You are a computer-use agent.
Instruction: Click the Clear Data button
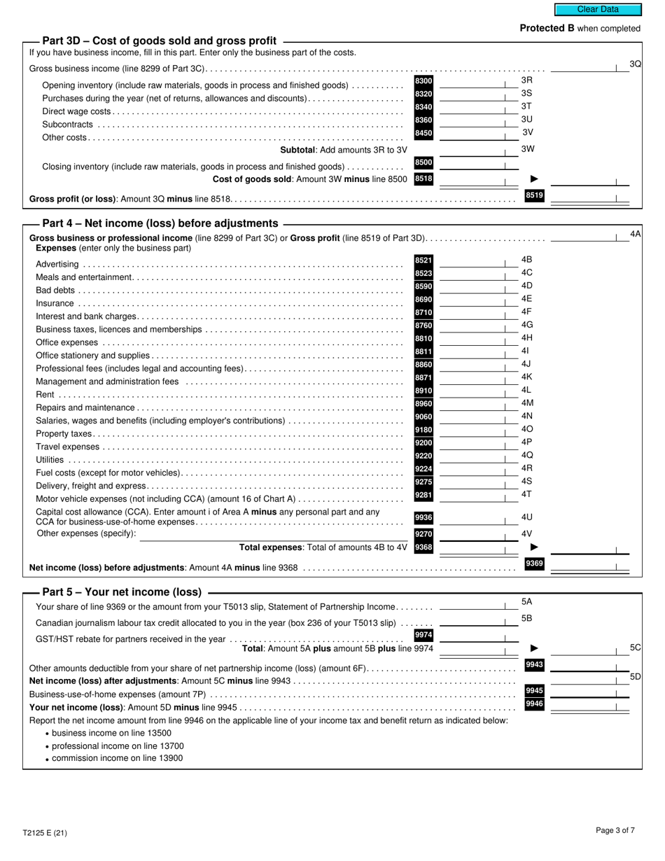[598, 10]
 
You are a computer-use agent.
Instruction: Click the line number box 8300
[423, 81]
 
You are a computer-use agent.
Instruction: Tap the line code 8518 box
[423, 179]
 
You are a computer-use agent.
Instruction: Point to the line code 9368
[423, 547]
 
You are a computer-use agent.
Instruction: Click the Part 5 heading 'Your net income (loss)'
[122, 591]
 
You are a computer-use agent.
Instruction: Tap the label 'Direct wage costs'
[76, 111]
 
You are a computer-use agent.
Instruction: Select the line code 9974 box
[423, 635]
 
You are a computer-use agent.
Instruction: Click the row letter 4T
[526, 494]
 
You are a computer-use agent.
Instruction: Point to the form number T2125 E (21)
[45, 833]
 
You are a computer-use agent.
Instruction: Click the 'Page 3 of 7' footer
[615, 831]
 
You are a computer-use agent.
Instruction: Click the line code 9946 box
[534, 703]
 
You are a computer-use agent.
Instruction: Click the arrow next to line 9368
[534, 547]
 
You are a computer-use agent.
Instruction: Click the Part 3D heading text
[159, 41]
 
